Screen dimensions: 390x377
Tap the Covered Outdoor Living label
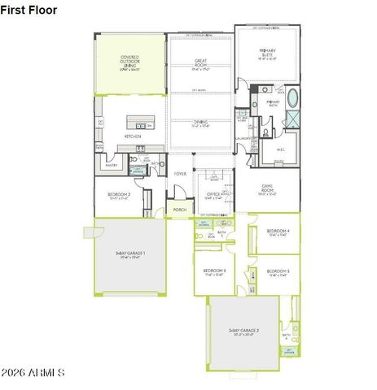click(x=129, y=60)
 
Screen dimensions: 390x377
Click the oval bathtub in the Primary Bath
click(x=292, y=102)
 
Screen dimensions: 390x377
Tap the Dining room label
click(x=199, y=123)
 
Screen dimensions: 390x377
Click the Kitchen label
click(x=133, y=136)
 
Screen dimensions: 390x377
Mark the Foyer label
click(x=180, y=173)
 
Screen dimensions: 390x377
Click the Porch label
click(x=179, y=209)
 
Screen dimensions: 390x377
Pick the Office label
click(x=213, y=194)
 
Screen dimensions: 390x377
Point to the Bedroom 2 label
click(x=119, y=195)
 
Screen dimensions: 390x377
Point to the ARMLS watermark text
click(x=34, y=372)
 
